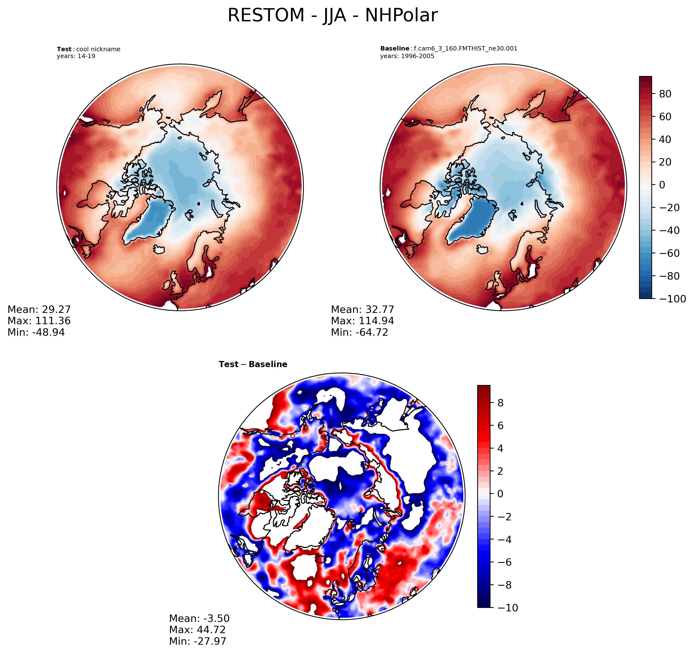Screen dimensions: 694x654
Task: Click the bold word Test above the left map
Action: pos(64,49)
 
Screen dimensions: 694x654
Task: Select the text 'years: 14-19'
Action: pos(76,56)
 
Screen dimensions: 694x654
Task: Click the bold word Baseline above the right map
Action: pos(395,49)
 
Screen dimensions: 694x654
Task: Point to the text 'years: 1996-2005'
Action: pos(407,56)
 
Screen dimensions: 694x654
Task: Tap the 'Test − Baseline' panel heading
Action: pos(253,364)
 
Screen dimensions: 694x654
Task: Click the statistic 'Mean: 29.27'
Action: pos(39,310)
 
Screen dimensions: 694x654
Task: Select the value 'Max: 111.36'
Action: pos(39,321)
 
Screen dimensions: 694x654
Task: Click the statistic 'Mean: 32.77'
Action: pos(362,310)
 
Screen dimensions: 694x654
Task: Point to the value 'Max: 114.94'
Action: pos(362,321)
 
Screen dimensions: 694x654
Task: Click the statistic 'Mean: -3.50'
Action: pos(199,618)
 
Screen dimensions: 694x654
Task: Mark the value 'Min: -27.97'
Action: pos(198,641)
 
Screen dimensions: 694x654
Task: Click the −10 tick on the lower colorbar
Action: pos(508,608)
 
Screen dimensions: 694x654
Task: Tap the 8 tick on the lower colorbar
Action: pos(500,403)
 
